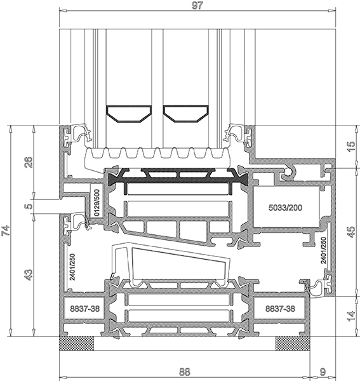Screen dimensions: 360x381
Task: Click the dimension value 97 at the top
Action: (x=197, y=5)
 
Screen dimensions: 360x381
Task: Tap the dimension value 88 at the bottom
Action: (x=185, y=371)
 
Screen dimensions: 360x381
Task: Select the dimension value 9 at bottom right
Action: (x=323, y=371)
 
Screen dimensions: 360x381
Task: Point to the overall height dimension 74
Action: (x=6, y=231)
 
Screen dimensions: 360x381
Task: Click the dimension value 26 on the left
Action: (x=28, y=162)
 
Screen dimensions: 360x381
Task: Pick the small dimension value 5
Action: (x=28, y=206)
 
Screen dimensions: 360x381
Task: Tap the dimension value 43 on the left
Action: (x=28, y=275)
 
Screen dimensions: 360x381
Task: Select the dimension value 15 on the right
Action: (x=351, y=147)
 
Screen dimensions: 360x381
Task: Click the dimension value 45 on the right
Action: (x=351, y=232)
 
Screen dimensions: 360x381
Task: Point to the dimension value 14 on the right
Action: (x=351, y=316)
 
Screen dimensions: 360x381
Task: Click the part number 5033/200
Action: (x=286, y=208)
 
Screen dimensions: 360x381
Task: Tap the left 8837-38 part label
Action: (x=85, y=309)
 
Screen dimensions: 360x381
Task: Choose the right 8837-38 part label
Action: (x=280, y=309)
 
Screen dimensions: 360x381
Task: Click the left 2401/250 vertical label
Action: (x=72, y=267)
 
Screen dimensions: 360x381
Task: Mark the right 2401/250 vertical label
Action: (x=323, y=251)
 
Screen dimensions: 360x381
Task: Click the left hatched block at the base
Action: (x=77, y=344)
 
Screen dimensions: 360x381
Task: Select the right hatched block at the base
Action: (x=293, y=344)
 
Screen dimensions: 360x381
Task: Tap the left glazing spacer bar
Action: (x=129, y=114)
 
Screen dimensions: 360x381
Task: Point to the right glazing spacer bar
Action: (x=186, y=114)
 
